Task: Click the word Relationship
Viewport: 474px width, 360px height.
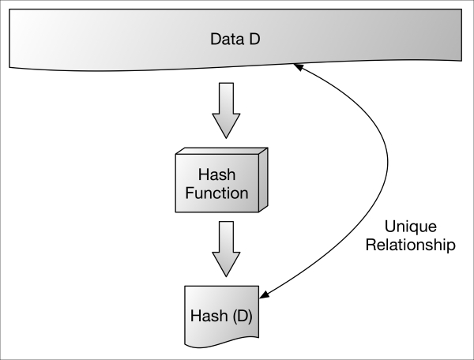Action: click(x=416, y=245)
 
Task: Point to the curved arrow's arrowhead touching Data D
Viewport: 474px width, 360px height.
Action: click(x=299, y=69)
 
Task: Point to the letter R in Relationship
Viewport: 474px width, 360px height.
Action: click(x=380, y=245)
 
